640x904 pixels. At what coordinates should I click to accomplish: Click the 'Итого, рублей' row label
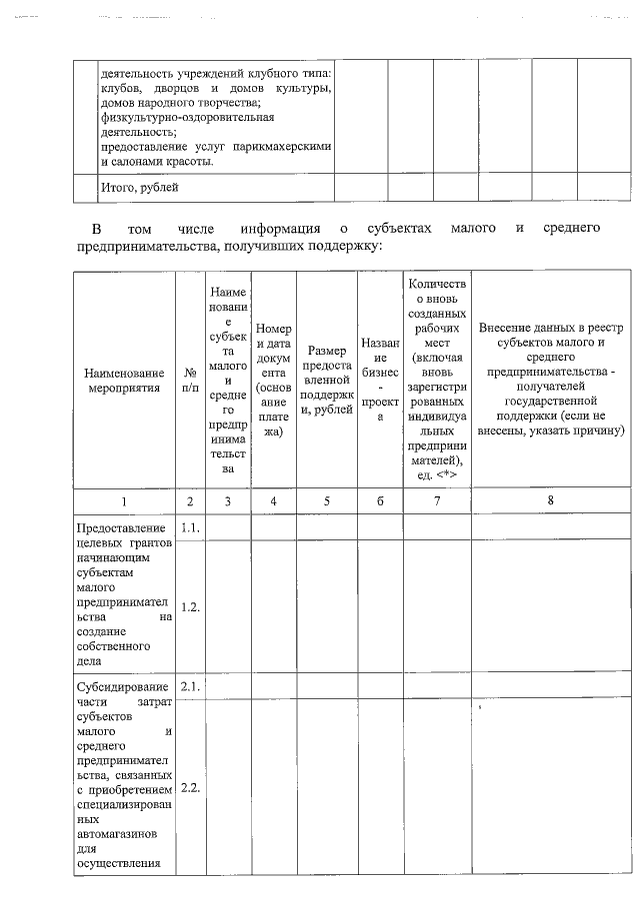141,187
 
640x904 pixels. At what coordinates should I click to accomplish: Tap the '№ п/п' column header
190,380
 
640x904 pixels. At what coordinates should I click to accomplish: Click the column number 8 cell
551,499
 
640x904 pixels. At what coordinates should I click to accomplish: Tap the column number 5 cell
327,499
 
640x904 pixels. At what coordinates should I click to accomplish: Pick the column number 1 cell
123,499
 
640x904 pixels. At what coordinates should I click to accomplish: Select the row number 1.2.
190,606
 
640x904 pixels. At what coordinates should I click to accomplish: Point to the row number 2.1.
190,686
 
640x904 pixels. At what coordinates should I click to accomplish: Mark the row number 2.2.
190,787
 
